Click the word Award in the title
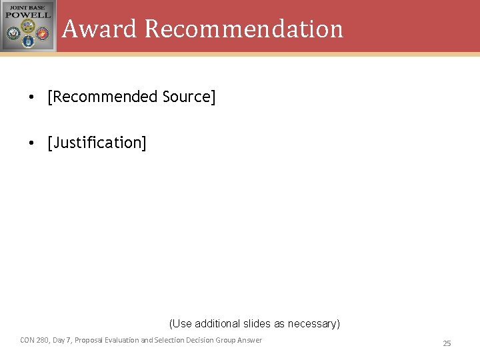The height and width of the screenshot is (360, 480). (99, 29)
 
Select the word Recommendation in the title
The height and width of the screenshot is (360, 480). (243, 29)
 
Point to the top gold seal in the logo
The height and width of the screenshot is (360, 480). (28, 25)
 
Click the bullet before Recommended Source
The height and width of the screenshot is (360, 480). (31, 97)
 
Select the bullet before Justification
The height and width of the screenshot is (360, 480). (31, 143)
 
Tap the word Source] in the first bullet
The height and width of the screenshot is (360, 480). (189, 97)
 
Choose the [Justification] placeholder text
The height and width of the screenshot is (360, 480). (97, 143)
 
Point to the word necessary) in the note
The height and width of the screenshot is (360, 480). (313, 323)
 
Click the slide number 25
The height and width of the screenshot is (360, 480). (447, 343)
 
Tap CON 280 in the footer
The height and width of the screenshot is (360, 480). (33, 340)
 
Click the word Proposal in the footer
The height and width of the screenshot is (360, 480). (89, 340)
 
